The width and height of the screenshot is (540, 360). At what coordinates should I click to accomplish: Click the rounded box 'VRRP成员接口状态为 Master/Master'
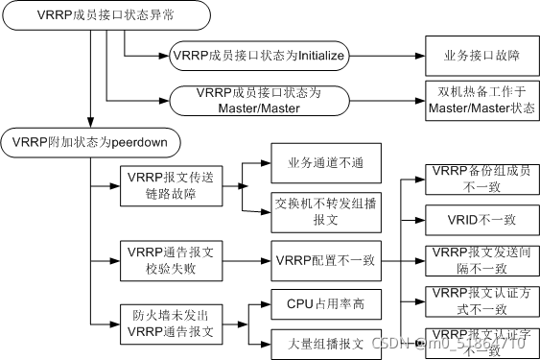click(257, 101)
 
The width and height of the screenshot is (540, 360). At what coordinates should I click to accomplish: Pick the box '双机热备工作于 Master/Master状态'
click(477, 100)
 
